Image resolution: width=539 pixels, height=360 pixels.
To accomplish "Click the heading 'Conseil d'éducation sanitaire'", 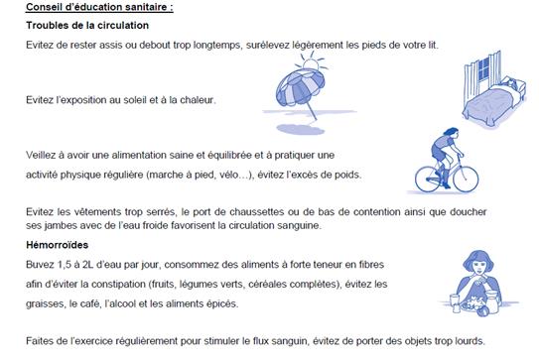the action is [x=98, y=8].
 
